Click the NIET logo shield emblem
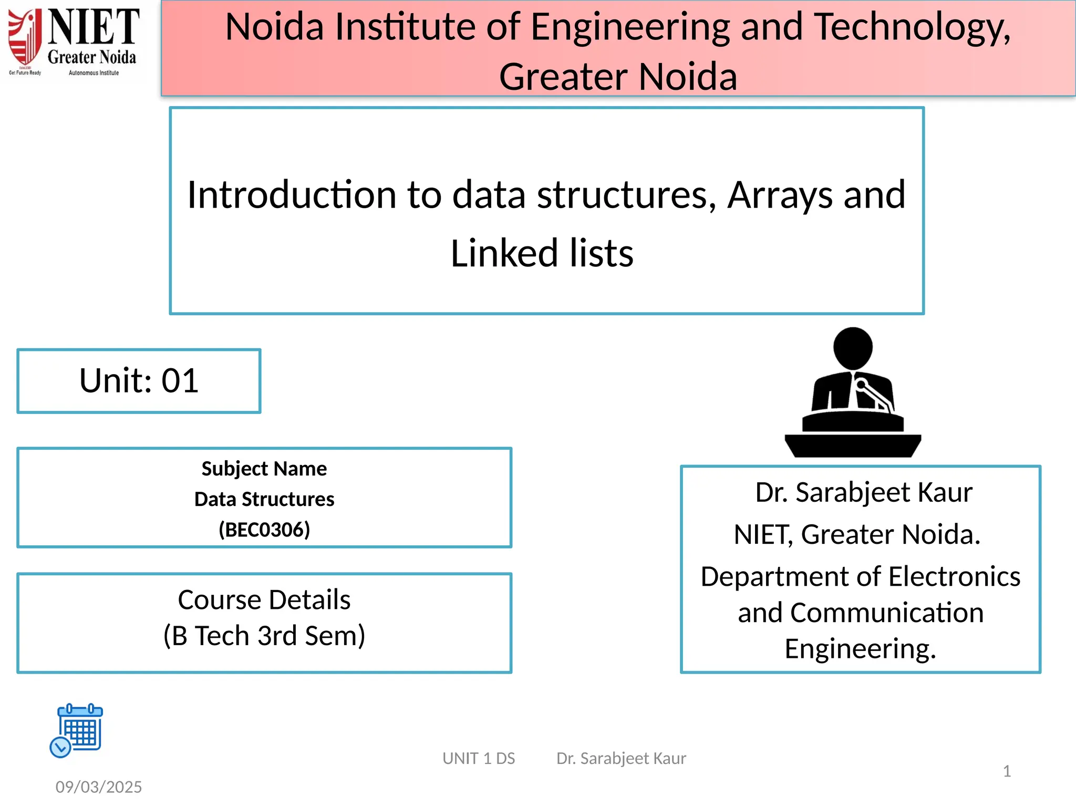[25, 37]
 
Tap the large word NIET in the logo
[94, 27]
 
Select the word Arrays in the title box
[780, 195]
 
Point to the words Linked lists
[542, 253]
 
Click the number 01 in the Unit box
[180, 380]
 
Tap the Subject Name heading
[264, 469]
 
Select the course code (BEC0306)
[264, 530]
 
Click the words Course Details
[264, 599]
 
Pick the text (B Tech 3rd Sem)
[264, 636]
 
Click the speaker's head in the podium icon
[853, 347]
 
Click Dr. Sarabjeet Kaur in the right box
[863, 492]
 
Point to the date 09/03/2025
[99, 787]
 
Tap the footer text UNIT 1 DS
[479, 758]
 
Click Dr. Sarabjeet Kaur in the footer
[621, 758]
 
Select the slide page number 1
[1006, 771]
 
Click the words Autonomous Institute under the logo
[94, 73]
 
